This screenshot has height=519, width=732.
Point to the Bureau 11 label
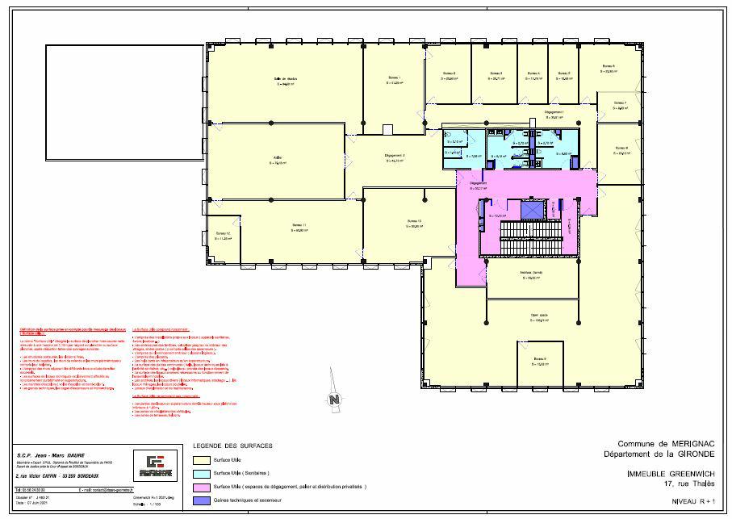pos(299,225)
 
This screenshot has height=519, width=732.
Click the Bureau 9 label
pos(539,358)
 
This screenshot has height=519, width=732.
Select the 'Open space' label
pos(540,316)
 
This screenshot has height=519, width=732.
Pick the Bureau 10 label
pos(414,221)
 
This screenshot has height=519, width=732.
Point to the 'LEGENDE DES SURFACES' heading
pos(232,446)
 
